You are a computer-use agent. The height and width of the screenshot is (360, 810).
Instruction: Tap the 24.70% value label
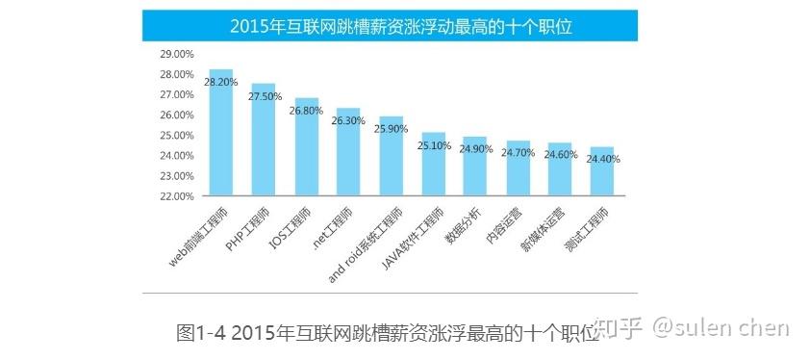(x=519, y=153)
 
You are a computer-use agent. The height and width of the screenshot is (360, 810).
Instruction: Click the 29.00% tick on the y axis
(x=178, y=54)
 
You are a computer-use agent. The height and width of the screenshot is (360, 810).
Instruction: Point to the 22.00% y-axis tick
(x=178, y=196)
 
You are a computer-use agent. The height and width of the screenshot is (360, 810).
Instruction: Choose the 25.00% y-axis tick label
(x=178, y=135)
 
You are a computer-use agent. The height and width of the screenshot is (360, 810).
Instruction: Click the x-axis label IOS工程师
(x=290, y=228)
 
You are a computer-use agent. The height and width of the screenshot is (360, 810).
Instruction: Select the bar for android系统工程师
(x=390, y=159)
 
